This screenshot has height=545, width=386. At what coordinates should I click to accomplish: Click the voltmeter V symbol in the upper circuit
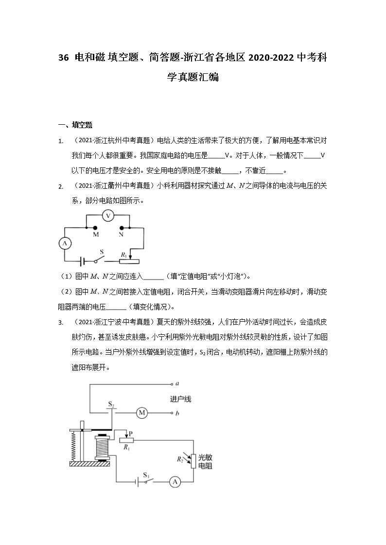coord(109,215)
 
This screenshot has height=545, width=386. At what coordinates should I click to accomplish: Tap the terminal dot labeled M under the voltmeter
coord(95,227)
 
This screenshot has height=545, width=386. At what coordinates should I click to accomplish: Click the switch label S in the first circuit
coord(102,252)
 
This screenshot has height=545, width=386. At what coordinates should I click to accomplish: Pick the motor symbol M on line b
coord(142,413)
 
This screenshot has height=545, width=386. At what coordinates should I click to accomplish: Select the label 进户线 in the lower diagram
coord(180,399)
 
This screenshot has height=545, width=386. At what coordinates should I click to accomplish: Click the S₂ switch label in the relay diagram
coord(111,404)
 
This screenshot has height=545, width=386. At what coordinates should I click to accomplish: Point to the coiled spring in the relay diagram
coord(74,446)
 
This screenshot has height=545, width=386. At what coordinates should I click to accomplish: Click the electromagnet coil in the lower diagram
coord(102,447)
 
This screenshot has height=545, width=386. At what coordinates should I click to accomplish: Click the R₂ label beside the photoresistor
coord(179,457)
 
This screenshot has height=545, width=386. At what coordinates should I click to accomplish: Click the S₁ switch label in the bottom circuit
coord(146,473)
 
